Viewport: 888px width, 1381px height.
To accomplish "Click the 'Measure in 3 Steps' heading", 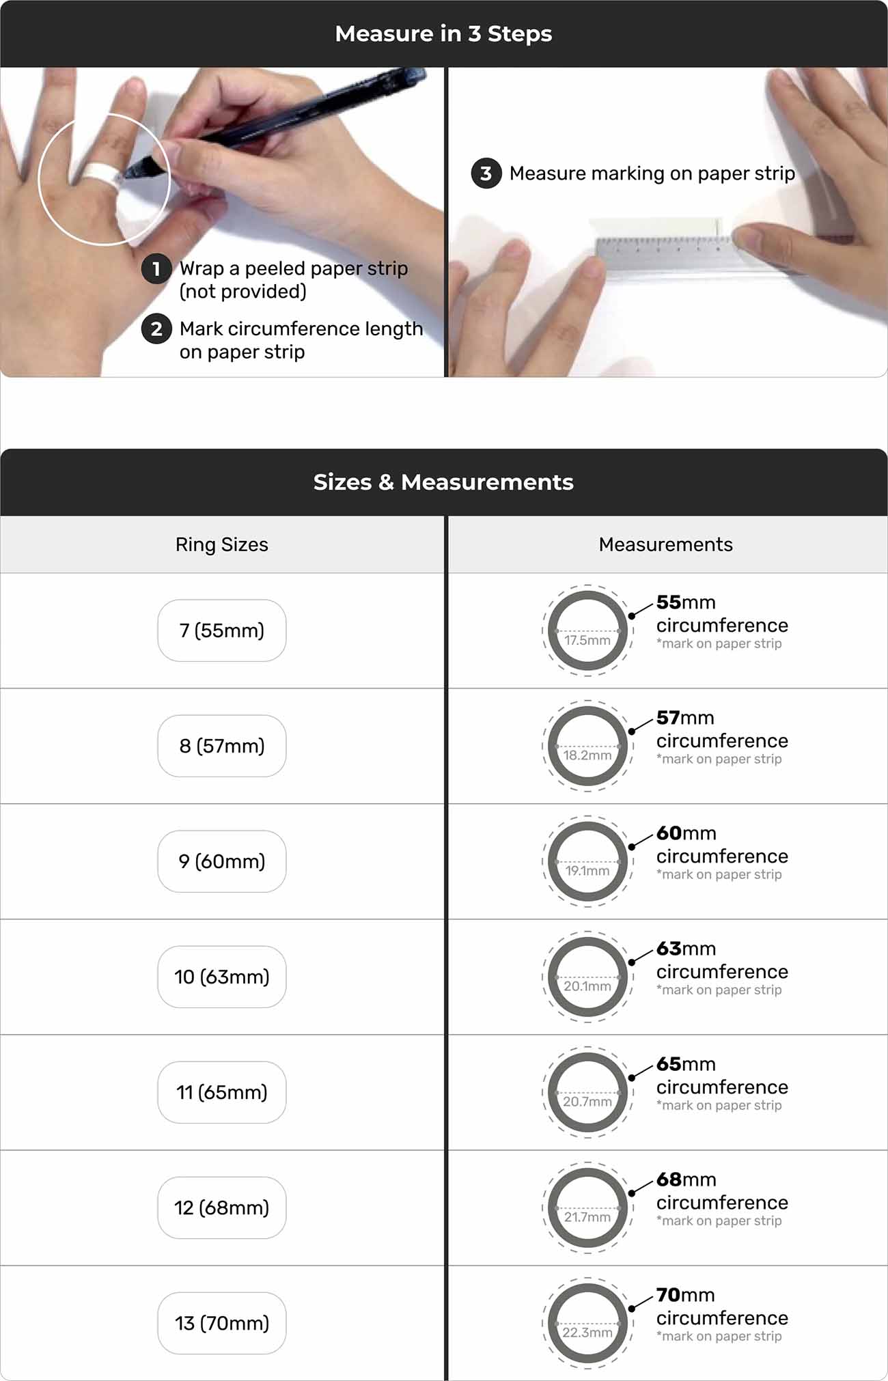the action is click(x=443, y=33).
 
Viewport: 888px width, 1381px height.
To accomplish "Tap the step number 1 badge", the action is click(x=156, y=268).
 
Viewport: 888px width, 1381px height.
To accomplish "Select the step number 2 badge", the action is click(x=156, y=329).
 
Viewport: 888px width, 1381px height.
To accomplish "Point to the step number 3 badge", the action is click(x=486, y=173).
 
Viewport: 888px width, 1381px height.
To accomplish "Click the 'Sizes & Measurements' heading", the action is click(x=443, y=482).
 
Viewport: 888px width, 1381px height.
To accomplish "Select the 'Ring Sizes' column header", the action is click(x=222, y=544).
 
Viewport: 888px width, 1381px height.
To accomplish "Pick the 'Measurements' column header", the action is click(x=666, y=544).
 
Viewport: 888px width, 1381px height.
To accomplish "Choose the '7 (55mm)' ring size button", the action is click(x=222, y=630).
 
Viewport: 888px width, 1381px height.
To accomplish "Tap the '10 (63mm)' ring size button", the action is click(x=222, y=977).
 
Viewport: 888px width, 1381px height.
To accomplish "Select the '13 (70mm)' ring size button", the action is click(x=222, y=1323).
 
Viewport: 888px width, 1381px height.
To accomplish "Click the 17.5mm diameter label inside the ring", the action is click(x=587, y=640).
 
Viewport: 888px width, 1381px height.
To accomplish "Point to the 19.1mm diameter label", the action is click(x=587, y=871).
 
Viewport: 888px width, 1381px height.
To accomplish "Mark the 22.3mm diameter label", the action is click(x=587, y=1333).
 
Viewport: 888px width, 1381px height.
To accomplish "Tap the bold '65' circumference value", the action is click(x=669, y=1064).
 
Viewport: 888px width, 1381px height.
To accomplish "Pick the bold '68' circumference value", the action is click(x=669, y=1180).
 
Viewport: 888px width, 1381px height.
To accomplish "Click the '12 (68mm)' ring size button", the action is click(x=222, y=1208).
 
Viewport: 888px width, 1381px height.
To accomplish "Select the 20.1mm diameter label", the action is click(x=587, y=986).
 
